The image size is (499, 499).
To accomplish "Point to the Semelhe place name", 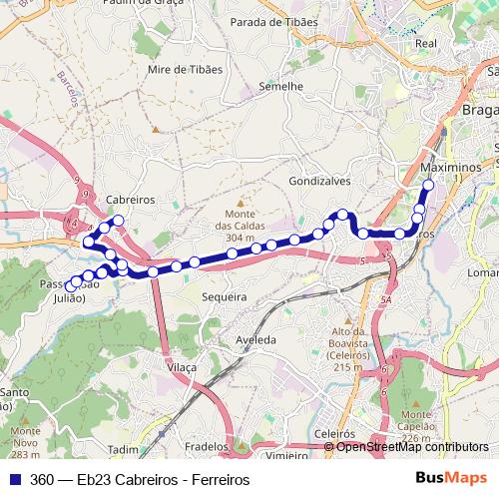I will click(x=280, y=86).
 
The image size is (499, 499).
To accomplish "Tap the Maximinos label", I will click(x=450, y=168).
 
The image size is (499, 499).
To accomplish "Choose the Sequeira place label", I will click(x=224, y=297).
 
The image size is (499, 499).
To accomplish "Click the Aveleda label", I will click(x=255, y=340).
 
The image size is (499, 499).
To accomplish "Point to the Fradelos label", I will click(x=208, y=448).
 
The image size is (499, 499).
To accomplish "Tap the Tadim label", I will click(x=123, y=449).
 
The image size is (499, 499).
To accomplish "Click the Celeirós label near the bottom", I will click(x=334, y=435).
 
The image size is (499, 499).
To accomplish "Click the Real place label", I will click(x=426, y=44).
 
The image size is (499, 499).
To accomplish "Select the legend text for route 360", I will click(x=139, y=479).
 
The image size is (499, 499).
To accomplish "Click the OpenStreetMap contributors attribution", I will click(x=412, y=446).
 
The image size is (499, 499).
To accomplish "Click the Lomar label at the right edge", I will click(x=483, y=271).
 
